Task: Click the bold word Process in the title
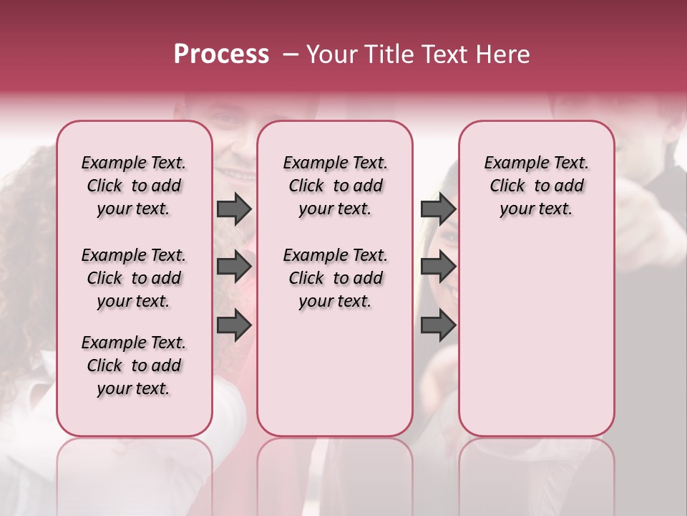point(221,54)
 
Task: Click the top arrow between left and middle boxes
point(234,209)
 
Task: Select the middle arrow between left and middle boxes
point(234,267)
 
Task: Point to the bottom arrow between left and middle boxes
point(234,325)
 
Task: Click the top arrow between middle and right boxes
point(438,209)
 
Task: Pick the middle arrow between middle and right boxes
point(438,267)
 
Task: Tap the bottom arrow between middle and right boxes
point(438,325)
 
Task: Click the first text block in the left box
point(134,186)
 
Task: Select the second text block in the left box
point(134,278)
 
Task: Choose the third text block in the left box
point(134,365)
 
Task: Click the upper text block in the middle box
point(335,186)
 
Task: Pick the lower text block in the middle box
point(335,278)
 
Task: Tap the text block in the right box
point(536,186)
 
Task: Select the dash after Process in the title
point(291,54)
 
